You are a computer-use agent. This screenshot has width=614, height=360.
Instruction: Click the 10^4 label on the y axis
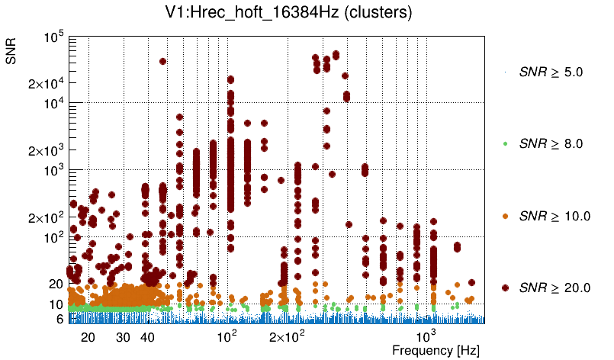(x=54, y=104)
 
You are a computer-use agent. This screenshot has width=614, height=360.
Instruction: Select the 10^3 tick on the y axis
(x=54, y=170)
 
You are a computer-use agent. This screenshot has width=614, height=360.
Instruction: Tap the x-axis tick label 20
(x=88, y=337)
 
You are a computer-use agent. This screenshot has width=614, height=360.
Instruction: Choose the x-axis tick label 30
(x=123, y=337)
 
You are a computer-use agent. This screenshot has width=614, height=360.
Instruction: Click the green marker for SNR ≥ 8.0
(x=506, y=143)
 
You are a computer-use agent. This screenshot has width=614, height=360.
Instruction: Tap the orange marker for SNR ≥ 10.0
(x=506, y=216)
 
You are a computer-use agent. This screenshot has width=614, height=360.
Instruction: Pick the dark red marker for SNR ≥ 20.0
(x=506, y=288)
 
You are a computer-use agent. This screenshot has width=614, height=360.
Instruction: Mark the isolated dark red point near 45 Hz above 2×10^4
(x=162, y=61)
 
